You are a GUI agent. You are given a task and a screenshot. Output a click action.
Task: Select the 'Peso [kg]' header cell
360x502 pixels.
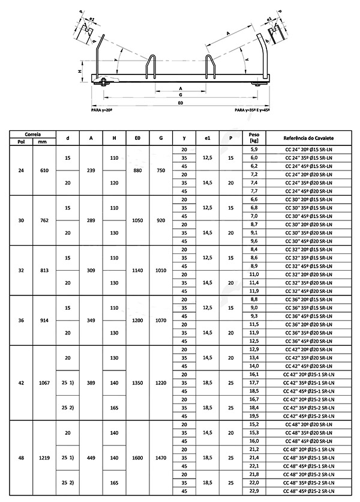click(x=253, y=138)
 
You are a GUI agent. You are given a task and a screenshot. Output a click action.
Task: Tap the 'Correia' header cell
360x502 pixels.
click(x=32, y=134)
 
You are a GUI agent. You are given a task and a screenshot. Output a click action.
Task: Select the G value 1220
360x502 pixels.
click(x=160, y=383)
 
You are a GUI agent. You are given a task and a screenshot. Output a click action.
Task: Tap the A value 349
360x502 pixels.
click(x=91, y=320)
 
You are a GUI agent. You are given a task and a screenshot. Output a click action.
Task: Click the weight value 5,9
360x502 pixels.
click(x=253, y=149)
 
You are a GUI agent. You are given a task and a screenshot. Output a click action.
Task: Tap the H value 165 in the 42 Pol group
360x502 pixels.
click(x=113, y=408)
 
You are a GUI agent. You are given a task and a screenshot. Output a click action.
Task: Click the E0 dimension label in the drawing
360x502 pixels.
click(x=180, y=103)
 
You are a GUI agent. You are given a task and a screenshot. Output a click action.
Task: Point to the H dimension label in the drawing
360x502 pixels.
click(x=80, y=70)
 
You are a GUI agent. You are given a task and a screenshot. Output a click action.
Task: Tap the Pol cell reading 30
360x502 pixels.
click(x=22, y=220)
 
